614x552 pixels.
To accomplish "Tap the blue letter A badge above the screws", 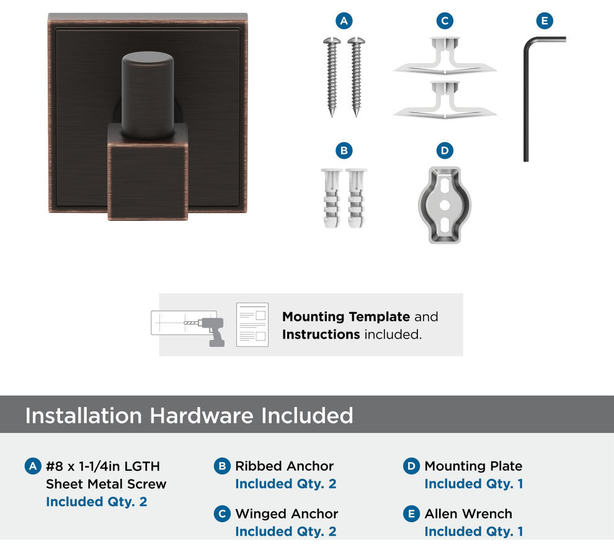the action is click(344, 20).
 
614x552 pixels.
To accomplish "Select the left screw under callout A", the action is click(332, 77).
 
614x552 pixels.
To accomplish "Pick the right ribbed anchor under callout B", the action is click(356, 198).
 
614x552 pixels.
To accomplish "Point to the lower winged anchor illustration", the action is click(445, 100).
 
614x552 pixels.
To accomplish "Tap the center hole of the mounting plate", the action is click(445, 205).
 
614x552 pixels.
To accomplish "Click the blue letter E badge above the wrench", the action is click(545, 20).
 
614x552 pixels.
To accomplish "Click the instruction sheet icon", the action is click(252, 324).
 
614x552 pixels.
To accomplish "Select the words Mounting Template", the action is click(346, 316).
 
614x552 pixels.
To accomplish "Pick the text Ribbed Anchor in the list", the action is click(284, 466).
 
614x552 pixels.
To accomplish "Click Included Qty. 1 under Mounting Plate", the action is click(474, 484).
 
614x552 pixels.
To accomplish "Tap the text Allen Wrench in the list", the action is click(468, 514).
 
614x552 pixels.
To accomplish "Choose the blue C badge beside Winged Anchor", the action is click(222, 514).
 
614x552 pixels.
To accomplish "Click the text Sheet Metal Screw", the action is click(106, 484).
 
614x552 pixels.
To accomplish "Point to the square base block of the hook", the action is click(148, 172).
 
